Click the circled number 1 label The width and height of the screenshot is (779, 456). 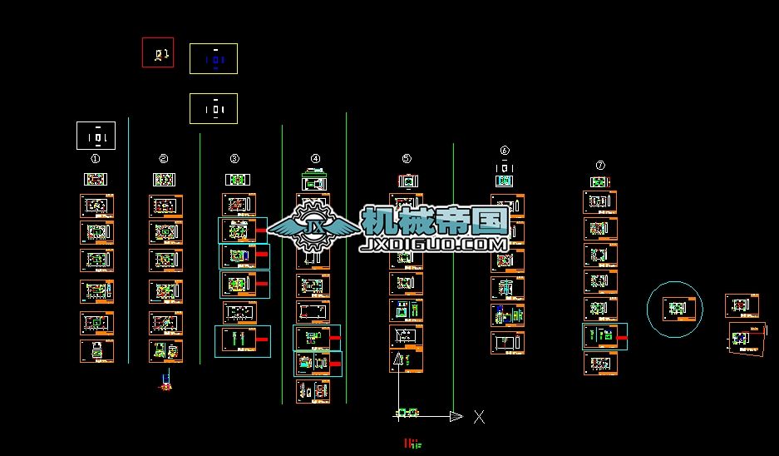(x=96, y=158)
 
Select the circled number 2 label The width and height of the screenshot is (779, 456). (x=164, y=158)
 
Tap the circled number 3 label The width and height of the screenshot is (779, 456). (x=234, y=158)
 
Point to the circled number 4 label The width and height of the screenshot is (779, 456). (x=315, y=158)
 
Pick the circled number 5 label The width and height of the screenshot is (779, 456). (x=407, y=158)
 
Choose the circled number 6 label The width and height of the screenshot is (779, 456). (x=505, y=151)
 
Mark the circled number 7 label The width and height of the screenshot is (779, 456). (x=600, y=166)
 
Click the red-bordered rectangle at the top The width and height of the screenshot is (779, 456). (x=158, y=52)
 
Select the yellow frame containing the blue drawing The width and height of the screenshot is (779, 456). (x=214, y=59)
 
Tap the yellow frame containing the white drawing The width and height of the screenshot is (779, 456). (x=214, y=109)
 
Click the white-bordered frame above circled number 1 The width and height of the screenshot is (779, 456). (x=96, y=136)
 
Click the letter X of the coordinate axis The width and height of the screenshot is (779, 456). (x=479, y=417)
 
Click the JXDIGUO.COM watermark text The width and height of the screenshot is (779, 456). (x=434, y=245)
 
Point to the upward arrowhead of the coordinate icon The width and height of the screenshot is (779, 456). (x=398, y=359)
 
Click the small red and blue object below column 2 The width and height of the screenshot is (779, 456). (x=166, y=381)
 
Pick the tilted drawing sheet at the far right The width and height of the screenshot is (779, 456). (x=747, y=338)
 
